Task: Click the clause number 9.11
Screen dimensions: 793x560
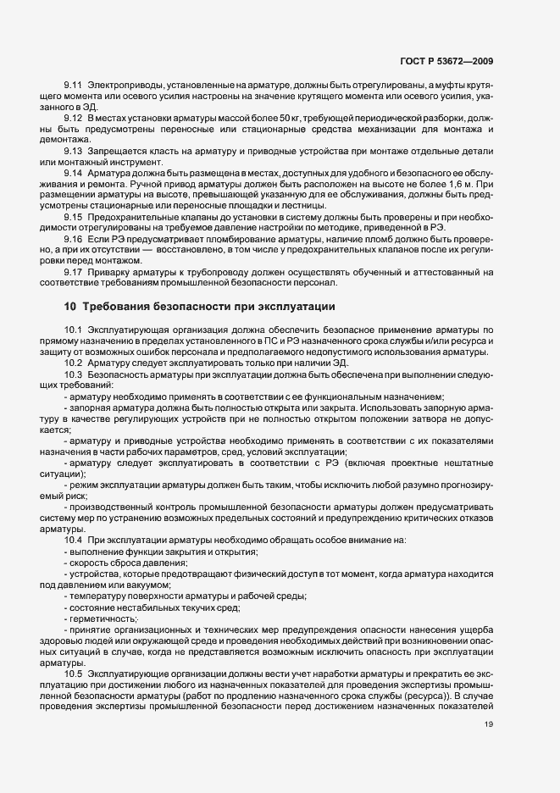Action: click(x=73, y=88)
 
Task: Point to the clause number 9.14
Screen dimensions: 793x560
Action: click(x=73, y=171)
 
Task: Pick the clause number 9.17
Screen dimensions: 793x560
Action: click(x=73, y=272)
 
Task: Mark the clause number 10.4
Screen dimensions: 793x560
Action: click(x=73, y=541)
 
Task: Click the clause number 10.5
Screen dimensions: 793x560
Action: click(x=73, y=672)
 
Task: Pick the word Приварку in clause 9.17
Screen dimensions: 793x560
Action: click(x=108, y=272)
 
